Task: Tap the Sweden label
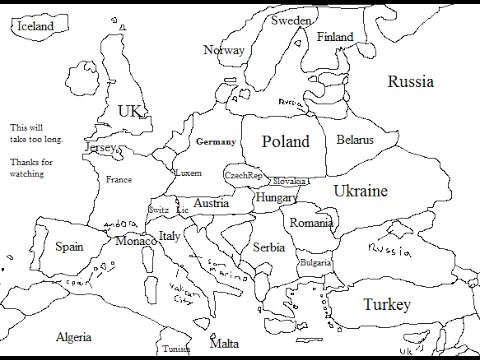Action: click(x=291, y=20)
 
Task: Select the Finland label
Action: click(x=335, y=37)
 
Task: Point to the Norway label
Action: click(x=224, y=51)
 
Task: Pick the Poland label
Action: click(x=285, y=142)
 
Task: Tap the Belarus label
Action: click(x=355, y=140)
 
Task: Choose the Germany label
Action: click(x=216, y=142)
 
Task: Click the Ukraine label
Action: click(x=361, y=189)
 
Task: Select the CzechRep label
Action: click(x=243, y=175)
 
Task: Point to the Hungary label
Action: click(x=276, y=198)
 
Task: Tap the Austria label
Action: click(x=211, y=203)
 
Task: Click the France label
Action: click(x=118, y=180)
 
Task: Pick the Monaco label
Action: click(x=135, y=241)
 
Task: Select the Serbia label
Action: click(x=269, y=247)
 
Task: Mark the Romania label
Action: click(x=310, y=223)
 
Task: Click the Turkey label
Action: click(x=386, y=303)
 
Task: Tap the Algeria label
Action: click(x=74, y=337)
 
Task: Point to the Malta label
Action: click(x=224, y=343)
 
